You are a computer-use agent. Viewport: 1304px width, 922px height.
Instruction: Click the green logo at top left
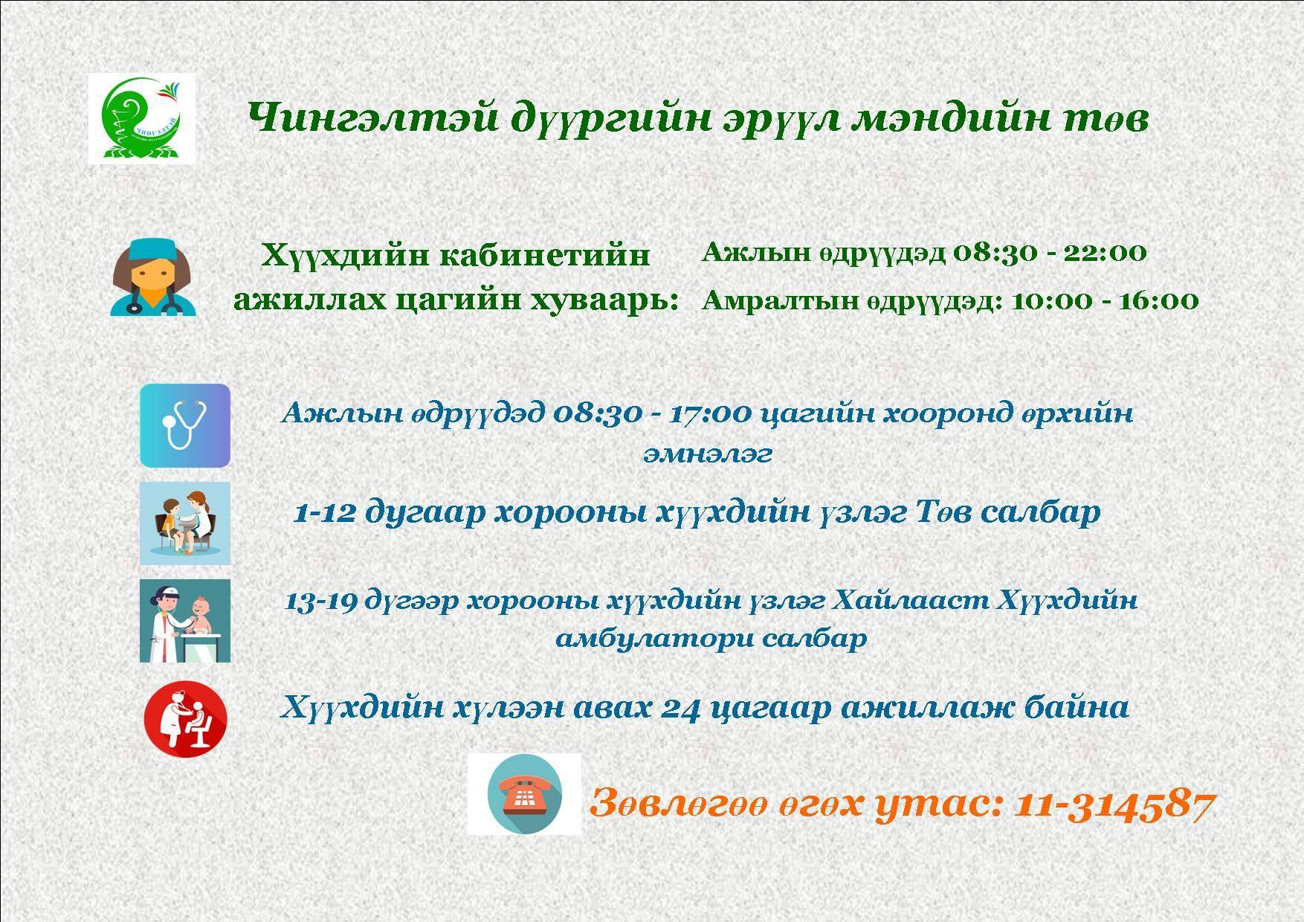pyautogui.click(x=142, y=118)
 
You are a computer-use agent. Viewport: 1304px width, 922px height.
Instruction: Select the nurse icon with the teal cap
pyautogui.click(x=153, y=277)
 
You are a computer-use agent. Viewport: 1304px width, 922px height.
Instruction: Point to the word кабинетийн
pyautogui.click(x=546, y=256)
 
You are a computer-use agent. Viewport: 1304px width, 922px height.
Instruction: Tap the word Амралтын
pyautogui.click(x=778, y=302)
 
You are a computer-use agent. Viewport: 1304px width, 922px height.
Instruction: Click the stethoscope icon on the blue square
pyautogui.click(x=185, y=425)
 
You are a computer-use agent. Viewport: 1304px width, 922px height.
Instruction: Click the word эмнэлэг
pyautogui.click(x=708, y=454)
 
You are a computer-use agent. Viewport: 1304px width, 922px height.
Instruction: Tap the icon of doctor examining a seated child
pyautogui.click(x=185, y=523)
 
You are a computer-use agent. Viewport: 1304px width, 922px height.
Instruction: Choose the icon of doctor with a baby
pyautogui.click(x=185, y=621)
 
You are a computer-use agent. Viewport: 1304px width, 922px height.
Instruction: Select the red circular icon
pyautogui.click(x=185, y=719)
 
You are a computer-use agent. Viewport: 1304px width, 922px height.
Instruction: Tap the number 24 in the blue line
pyautogui.click(x=681, y=708)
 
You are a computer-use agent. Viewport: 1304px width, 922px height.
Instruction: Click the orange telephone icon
pyautogui.click(x=524, y=793)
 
